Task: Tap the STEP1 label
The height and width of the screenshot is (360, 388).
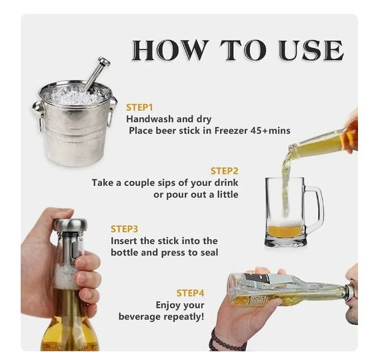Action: tap(140, 107)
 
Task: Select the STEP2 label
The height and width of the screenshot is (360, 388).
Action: tap(224, 171)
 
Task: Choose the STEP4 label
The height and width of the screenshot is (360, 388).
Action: tap(190, 293)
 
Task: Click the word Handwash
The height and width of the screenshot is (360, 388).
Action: tap(150, 119)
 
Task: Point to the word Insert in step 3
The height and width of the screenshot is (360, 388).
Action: tap(125, 241)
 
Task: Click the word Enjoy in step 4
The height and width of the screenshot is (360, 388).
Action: tap(170, 305)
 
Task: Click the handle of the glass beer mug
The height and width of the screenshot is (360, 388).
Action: tap(313, 208)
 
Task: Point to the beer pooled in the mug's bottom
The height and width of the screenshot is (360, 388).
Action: tap(285, 231)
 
